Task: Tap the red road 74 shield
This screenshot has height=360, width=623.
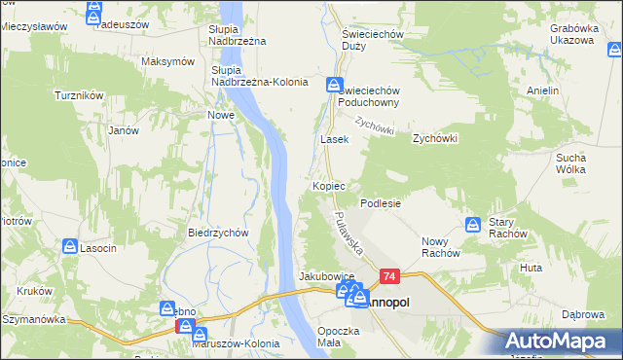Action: tap(389, 277)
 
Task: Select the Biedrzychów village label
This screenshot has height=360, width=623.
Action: tap(219, 233)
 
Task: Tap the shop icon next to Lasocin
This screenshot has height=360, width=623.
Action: tap(69, 247)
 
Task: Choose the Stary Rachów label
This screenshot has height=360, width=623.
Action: tap(507, 228)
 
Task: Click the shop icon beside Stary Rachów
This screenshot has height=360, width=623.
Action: tap(473, 225)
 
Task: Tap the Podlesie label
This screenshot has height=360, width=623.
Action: tap(381, 203)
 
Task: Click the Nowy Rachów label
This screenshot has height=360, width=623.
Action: tap(440, 247)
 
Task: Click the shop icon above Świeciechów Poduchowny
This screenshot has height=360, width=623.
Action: tap(334, 85)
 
